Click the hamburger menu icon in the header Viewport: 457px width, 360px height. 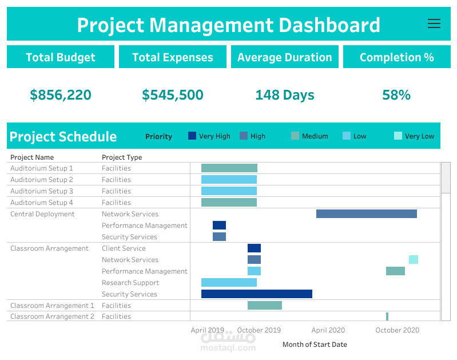(434, 23)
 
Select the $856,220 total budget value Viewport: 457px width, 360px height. (61, 95)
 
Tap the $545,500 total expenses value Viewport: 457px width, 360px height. (173, 95)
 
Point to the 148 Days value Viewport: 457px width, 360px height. (284, 95)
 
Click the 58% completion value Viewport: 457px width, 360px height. (396, 95)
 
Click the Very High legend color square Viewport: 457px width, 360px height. (192, 136)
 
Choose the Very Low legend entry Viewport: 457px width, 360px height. (414, 136)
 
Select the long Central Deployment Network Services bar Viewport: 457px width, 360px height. (366, 213)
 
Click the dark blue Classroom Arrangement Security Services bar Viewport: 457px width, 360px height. (256, 294)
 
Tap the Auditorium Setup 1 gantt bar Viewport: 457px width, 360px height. (229, 168)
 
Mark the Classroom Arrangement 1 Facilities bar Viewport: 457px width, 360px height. (264, 305)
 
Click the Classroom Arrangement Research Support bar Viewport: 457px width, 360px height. (229, 282)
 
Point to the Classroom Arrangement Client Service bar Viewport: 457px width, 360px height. (254, 248)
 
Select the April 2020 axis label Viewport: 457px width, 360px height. (328, 330)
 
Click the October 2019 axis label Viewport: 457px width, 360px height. (259, 330)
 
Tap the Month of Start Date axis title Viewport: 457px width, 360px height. (315, 345)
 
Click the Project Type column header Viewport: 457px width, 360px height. (122, 157)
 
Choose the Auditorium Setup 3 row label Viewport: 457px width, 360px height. (42, 191)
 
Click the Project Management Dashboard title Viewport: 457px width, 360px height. (228, 25)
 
